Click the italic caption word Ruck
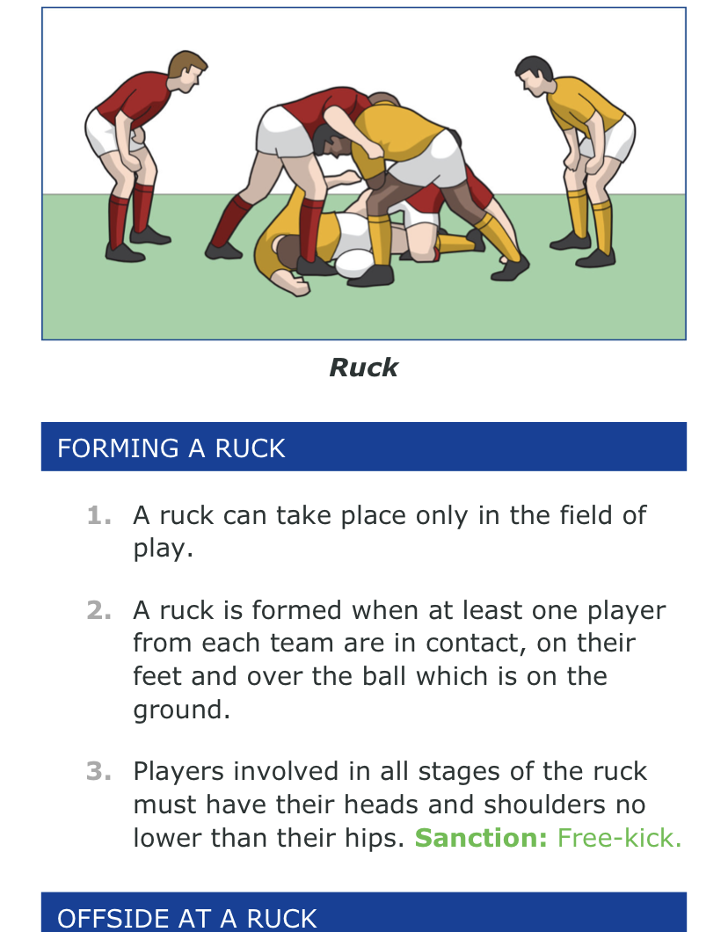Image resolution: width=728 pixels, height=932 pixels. [x=364, y=368]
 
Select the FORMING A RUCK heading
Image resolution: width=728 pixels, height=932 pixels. [x=171, y=448]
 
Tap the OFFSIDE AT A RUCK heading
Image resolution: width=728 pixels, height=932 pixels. [x=186, y=918]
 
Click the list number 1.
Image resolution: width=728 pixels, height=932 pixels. [x=98, y=515]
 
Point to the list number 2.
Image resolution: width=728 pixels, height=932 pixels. [x=98, y=610]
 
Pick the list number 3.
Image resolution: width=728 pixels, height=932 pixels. [x=98, y=771]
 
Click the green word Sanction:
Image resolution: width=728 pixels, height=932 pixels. [x=481, y=838]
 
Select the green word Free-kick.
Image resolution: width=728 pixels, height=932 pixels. [x=619, y=838]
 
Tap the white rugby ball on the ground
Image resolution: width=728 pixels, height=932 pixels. [x=354, y=263]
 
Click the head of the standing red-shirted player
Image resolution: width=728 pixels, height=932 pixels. [x=187, y=71]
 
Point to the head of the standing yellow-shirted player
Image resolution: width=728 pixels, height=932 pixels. [x=535, y=76]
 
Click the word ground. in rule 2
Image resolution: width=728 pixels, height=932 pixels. [x=181, y=710]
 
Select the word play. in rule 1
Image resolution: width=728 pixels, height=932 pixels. [x=163, y=549]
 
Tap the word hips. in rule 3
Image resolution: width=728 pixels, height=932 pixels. [x=378, y=839]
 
